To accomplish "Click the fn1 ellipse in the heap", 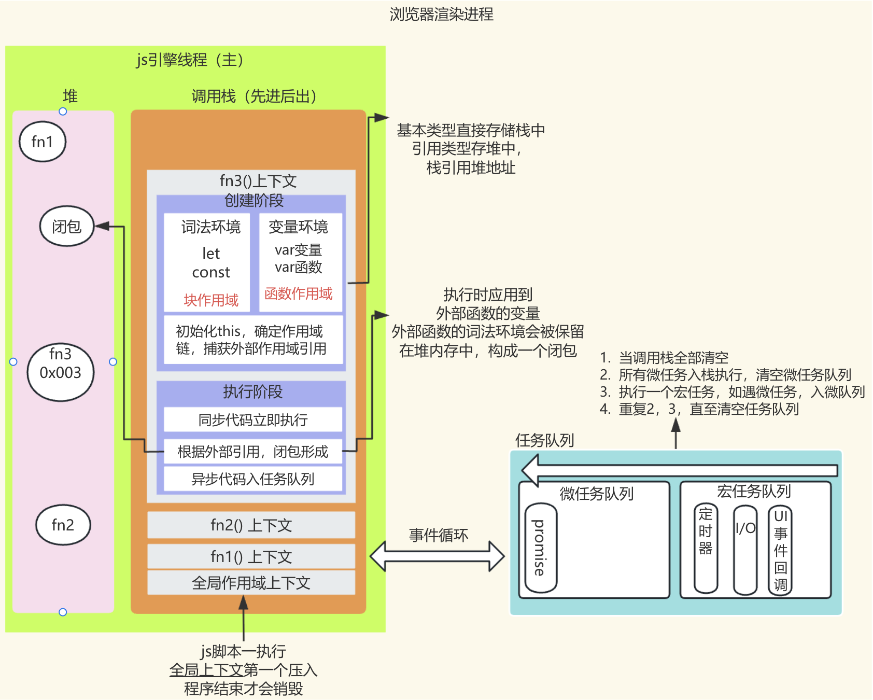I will pyautogui.click(x=43, y=142).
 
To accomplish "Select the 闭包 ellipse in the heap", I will pyautogui.click(x=67, y=226).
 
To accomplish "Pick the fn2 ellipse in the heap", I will pyautogui.click(x=63, y=525).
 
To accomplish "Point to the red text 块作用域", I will pyautogui.click(x=211, y=300).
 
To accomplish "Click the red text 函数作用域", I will pyautogui.click(x=299, y=293).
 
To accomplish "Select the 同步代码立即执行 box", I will pyautogui.click(x=253, y=419).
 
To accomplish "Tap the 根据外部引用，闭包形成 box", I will pyautogui.click(x=253, y=452).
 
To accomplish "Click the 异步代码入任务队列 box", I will pyautogui.click(x=253, y=479).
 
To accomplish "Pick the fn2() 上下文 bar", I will pyautogui.click(x=251, y=525).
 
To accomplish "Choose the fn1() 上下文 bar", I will pyautogui.click(x=251, y=557).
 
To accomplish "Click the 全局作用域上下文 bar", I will pyautogui.click(x=251, y=583).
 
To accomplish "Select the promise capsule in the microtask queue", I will pyautogui.click(x=540, y=548).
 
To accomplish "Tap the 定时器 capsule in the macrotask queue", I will pyautogui.click(x=706, y=548).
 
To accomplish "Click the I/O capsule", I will pyautogui.click(x=745, y=550).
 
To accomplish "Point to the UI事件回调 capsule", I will pyautogui.click(x=780, y=550).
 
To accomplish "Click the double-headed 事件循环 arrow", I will pyautogui.click(x=437, y=556).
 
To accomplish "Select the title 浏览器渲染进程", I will pyautogui.click(x=441, y=14).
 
